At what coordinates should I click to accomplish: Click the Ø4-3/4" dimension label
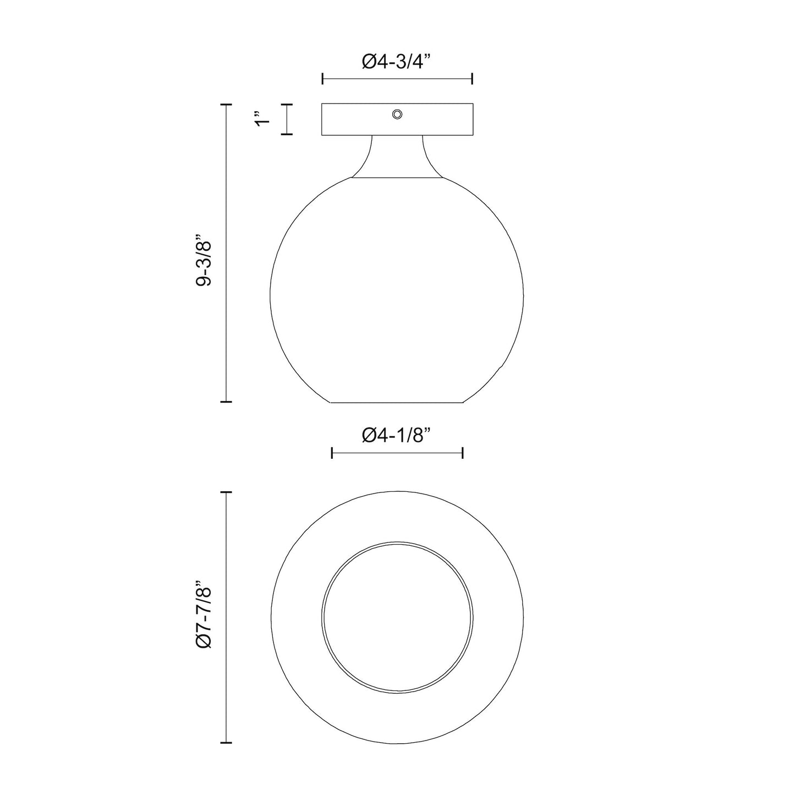pos(396,62)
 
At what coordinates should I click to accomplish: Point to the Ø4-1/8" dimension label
pos(396,436)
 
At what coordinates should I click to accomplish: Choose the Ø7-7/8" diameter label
pos(203,617)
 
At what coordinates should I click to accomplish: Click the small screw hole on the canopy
pos(397,114)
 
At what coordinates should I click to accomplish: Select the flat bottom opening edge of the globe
pos(397,402)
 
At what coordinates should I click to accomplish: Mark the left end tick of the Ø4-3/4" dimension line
pos(322,79)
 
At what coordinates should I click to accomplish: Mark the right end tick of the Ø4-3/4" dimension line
pos(472,79)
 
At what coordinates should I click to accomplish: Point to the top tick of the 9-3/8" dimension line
pos(226,104)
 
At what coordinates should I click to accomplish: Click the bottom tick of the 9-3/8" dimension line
pos(226,402)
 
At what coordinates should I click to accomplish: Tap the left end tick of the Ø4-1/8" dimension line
pos(332,453)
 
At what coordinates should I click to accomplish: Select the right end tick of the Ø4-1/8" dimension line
pos(463,453)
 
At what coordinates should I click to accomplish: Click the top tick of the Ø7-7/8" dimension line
pos(226,492)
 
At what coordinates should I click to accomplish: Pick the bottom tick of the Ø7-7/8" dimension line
pos(226,743)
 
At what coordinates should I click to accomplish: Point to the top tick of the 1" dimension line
pos(286,104)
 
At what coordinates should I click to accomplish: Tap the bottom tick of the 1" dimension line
pos(286,134)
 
